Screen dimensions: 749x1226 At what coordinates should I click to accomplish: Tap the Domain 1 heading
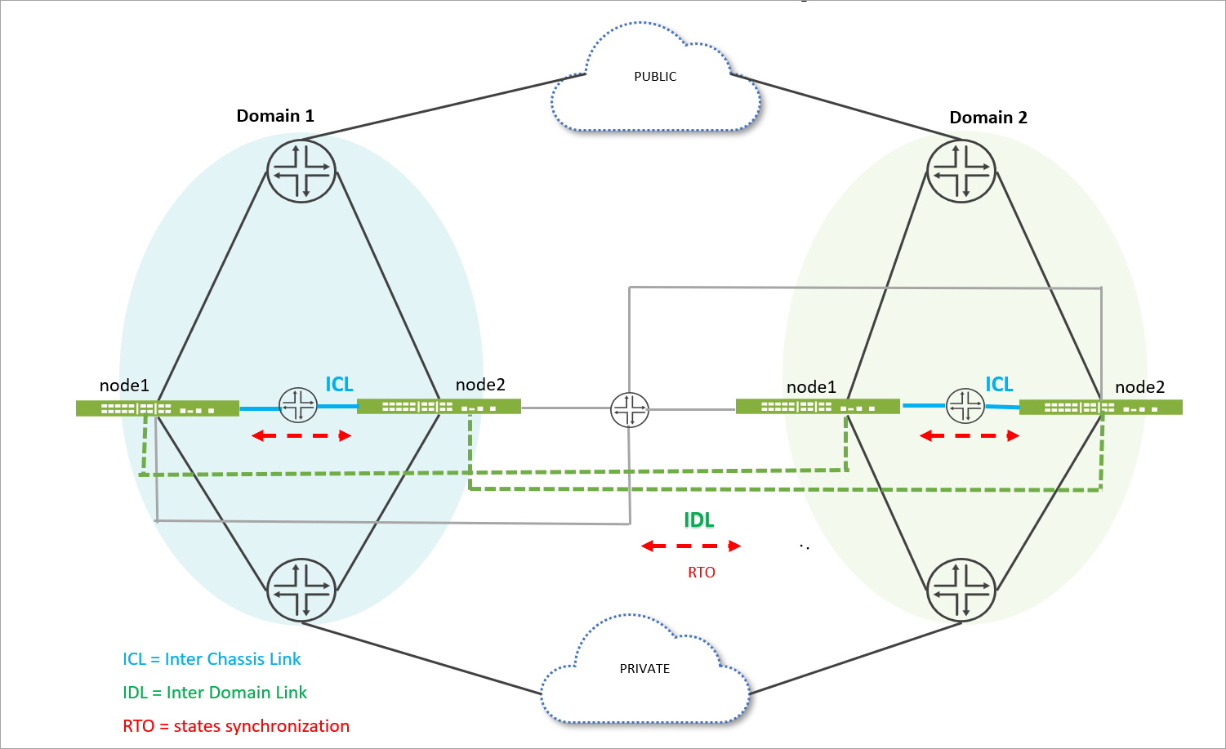click(x=275, y=116)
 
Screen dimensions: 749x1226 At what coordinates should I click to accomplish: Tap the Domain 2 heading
click(x=987, y=118)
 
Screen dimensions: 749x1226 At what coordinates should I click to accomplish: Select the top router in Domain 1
click(x=301, y=171)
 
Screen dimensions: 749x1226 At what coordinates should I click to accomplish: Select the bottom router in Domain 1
click(x=301, y=590)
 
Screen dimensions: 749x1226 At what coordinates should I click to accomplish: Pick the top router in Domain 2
click(x=961, y=171)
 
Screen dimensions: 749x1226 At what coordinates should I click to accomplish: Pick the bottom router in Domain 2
click(x=961, y=590)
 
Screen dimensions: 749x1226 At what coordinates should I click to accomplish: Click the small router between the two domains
click(x=630, y=410)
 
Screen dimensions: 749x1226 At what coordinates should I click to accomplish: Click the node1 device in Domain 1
click(x=157, y=408)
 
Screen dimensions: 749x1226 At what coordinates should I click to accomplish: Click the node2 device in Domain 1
click(x=439, y=406)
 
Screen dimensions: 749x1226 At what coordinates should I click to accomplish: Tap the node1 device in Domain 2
click(x=817, y=406)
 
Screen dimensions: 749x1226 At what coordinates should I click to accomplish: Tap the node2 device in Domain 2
click(x=1100, y=407)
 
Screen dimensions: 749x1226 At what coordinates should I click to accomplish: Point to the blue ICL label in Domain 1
click(x=339, y=384)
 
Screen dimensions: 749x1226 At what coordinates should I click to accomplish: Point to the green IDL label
click(x=698, y=520)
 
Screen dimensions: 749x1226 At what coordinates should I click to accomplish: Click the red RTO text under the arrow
click(x=701, y=573)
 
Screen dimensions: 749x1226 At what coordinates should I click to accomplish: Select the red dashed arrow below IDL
click(x=691, y=546)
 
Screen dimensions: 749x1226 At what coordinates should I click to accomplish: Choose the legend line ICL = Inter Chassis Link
click(x=212, y=659)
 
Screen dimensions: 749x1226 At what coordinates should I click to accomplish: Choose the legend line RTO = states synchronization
click(x=236, y=726)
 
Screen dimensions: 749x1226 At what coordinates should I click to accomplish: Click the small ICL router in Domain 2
click(x=965, y=405)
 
